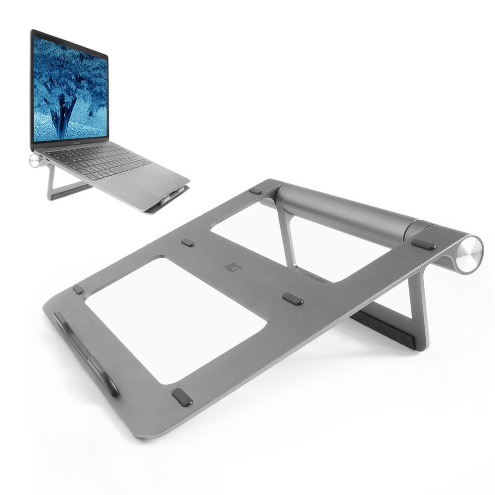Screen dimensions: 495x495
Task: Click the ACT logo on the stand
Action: [229, 266]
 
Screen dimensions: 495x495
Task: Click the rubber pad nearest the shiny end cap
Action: [423, 244]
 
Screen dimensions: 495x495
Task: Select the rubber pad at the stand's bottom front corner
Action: [182, 397]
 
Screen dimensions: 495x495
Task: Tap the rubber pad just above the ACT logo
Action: [188, 243]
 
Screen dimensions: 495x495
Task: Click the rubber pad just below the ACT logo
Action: [293, 298]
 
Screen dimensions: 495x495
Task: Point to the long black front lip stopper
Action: [87, 353]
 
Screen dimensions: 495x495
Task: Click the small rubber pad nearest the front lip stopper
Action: [78, 290]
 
